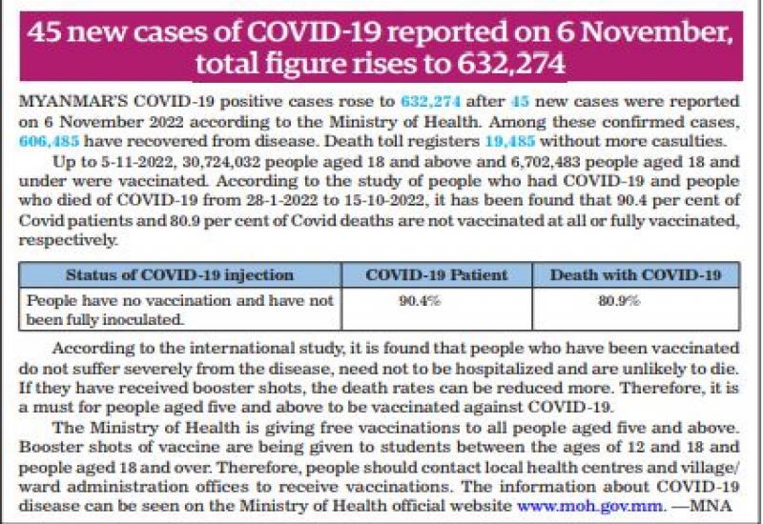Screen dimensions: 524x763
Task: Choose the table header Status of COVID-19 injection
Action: (x=179, y=275)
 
